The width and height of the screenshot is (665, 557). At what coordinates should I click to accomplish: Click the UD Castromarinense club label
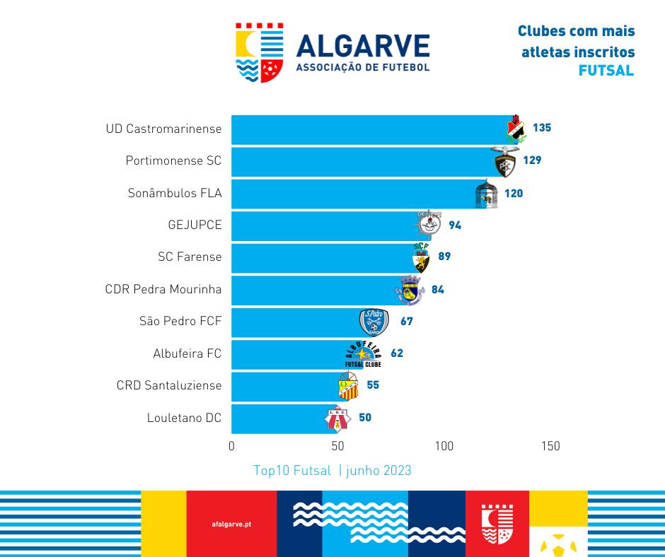163,129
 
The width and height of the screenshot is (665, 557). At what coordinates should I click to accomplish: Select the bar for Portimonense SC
361,161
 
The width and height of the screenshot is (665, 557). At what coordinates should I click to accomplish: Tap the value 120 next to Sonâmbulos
514,193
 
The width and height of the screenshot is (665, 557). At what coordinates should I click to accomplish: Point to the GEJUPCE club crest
429,223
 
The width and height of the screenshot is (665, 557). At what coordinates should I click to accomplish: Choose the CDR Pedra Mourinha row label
163,289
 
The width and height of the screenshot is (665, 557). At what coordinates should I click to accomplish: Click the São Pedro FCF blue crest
374,322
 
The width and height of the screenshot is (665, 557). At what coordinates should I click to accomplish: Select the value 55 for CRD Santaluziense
373,385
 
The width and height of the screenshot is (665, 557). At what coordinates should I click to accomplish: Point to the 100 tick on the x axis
444,446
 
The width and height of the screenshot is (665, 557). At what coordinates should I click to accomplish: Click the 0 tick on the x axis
232,446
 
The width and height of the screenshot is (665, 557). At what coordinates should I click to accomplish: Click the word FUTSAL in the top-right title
606,71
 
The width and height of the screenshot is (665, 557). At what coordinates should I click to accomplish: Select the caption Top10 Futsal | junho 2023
332,471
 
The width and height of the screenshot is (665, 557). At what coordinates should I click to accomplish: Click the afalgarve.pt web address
231,524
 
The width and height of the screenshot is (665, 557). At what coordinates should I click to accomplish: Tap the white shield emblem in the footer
497,523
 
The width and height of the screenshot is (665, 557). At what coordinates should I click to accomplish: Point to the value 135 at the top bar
542,128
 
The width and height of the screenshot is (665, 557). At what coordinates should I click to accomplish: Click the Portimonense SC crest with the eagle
507,162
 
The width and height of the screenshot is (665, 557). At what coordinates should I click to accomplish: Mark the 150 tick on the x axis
550,446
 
